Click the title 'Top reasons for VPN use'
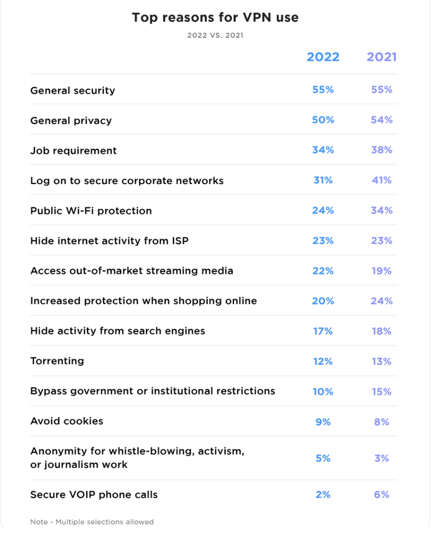[x=216, y=17]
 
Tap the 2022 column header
[x=323, y=57]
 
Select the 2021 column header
[x=382, y=57]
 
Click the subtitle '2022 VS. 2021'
[x=216, y=36]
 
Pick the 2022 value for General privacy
[x=323, y=120]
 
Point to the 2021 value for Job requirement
[x=382, y=150]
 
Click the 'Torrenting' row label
[x=57, y=361]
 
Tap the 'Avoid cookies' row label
[x=67, y=421]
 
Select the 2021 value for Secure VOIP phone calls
[x=382, y=495]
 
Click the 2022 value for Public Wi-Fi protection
[x=323, y=210]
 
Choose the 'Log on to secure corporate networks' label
[x=127, y=181]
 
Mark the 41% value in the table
[x=382, y=180]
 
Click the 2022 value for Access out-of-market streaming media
[x=323, y=271]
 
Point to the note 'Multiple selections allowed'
[x=105, y=522]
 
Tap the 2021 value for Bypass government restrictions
[x=382, y=391]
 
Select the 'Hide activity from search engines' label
[x=118, y=331]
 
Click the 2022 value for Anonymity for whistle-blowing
[x=323, y=458]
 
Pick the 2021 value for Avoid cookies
[x=382, y=422]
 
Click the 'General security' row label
[x=72, y=91]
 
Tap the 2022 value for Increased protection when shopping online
[x=323, y=301]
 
